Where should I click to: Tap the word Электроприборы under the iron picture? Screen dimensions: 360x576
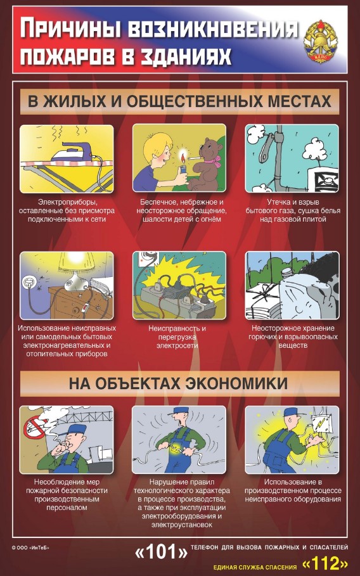coord(67,202)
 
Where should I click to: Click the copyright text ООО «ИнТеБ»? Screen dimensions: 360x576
coord(32,547)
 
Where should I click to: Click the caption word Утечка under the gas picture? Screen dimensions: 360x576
coord(280,202)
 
